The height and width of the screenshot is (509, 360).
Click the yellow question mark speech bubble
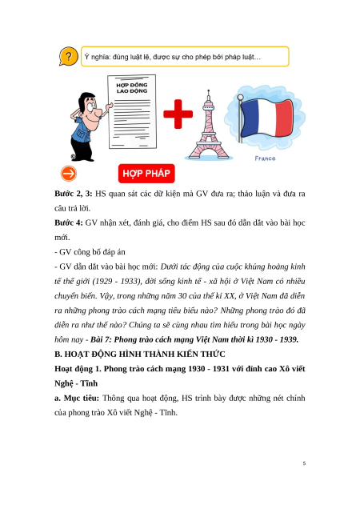68,57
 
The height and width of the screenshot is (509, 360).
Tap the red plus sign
178,114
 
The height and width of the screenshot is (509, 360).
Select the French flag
266,117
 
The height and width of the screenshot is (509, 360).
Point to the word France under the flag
265,158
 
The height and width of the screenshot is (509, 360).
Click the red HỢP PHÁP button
146,174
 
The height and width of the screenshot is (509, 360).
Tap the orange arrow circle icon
69,174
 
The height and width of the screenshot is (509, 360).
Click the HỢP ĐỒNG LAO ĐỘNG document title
132,88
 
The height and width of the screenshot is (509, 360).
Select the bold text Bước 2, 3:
74,194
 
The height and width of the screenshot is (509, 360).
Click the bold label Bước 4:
69,223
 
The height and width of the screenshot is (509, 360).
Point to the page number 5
304,463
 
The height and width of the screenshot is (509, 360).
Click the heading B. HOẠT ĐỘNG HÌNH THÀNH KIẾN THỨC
140,354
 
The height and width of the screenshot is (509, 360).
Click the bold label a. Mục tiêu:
77,398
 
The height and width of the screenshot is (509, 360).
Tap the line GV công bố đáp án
90,252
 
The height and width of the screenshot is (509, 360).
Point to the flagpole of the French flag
240,118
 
